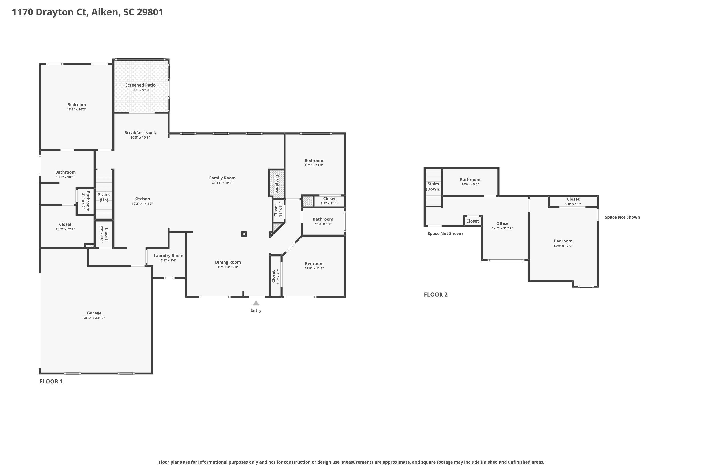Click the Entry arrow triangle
[x=256, y=303]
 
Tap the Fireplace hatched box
[x=277, y=183]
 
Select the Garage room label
[x=94, y=313]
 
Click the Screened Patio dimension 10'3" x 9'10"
[x=140, y=90]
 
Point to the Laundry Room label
[x=168, y=256]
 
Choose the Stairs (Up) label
[x=104, y=197]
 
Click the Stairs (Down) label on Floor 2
[x=433, y=187]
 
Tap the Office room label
[x=502, y=223]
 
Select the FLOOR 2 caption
[x=436, y=295]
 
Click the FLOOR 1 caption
[x=51, y=381]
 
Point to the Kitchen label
[x=142, y=199]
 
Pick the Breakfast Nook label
[x=140, y=133]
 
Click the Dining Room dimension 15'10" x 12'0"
[x=228, y=267]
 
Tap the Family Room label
[x=222, y=178]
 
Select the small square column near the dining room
[x=244, y=234]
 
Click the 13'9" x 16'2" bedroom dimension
[x=77, y=110]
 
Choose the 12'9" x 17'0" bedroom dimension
[x=563, y=246]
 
